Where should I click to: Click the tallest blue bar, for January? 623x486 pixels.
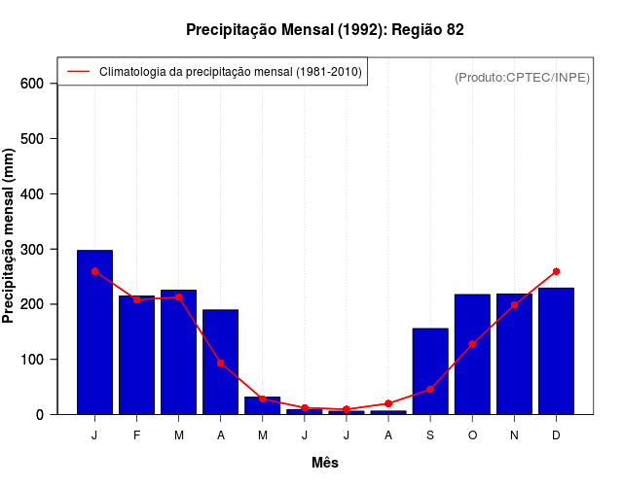pyautogui.click(x=94, y=332)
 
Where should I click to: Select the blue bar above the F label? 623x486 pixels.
pyautogui.click(x=136, y=355)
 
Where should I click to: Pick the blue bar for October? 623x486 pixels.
pyautogui.click(x=472, y=354)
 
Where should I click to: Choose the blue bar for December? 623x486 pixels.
pyautogui.click(x=556, y=351)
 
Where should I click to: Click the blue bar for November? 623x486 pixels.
pyautogui.click(x=514, y=354)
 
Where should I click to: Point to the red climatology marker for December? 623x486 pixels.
pyautogui.click(x=556, y=271)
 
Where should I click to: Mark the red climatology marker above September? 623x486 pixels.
pyautogui.click(x=430, y=389)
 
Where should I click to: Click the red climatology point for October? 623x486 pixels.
pyautogui.click(x=472, y=344)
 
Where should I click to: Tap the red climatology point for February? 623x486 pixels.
pyautogui.click(x=136, y=299)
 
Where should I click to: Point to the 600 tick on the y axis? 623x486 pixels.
pyautogui.click(x=32, y=84)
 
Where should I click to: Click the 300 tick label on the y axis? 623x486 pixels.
pyautogui.click(x=32, y=250)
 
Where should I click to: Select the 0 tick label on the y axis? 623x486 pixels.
pyautogui.click(x=39, y=415)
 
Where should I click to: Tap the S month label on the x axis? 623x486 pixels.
pyautogui.click(x=430, y=435)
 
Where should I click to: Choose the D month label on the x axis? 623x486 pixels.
pyautogui.click(x=556, y=435)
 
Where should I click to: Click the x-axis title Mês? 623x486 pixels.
pyautogui.click(x=325, y=463)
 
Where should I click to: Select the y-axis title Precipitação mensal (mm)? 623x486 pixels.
pyautogui.click(x=10, y=236)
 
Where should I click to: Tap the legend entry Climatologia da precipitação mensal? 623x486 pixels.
pyautogui.click(x=230, y=72)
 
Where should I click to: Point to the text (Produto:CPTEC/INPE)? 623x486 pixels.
pyautogui.click(x=522, y=77)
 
